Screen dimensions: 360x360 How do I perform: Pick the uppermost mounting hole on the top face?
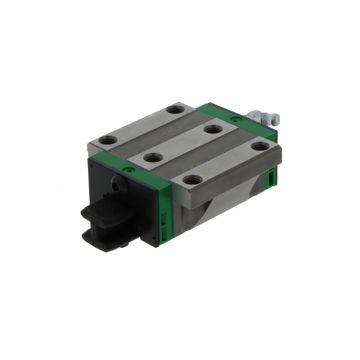pyautogui.click(x=176, y=107)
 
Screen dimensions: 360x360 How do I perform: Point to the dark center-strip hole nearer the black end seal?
pyautogui.click(x=151, y=157)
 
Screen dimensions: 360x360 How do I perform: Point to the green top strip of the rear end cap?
pyautogui.click(x=245, y=119)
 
